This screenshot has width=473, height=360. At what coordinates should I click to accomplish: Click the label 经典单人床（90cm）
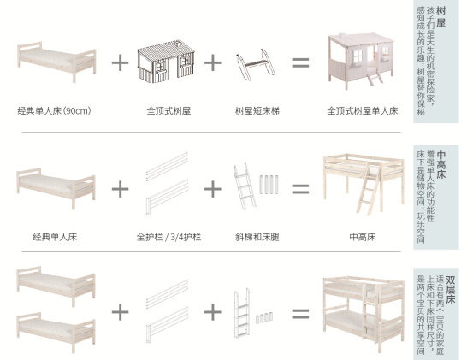click(54, 110)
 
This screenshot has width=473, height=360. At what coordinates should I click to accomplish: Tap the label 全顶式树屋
click(169, 110)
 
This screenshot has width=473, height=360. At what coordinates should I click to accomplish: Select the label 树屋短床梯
click(257, 110)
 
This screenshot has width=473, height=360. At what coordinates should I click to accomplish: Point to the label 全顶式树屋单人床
click(363, 110)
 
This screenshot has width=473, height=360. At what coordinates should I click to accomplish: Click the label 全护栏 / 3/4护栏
click(169, 237)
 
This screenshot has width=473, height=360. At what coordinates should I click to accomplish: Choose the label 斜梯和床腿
click(257, 237)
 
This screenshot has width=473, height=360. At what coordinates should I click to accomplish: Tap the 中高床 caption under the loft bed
click(363, 237)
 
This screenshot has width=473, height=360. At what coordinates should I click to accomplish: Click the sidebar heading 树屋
click(440, 17)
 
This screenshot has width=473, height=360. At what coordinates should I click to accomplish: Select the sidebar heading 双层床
click(451, 290)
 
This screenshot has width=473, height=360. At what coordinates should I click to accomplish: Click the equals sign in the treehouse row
click(300, 62)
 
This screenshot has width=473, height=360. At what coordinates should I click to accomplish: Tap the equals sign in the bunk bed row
click(300, 314)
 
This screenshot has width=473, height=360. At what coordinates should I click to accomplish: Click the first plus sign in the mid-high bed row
click(120, 189)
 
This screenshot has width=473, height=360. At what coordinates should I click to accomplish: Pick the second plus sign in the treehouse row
click(213, 62)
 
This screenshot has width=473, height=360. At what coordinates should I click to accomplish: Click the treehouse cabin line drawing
click(166, 62)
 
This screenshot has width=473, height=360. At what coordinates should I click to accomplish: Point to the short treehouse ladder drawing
click(256, 64)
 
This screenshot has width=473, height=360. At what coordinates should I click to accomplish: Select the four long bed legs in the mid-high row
click(269, 184)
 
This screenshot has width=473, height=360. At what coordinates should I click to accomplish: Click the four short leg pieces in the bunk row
click(264, 318)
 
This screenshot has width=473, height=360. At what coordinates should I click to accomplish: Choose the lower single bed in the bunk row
click(56, 331)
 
